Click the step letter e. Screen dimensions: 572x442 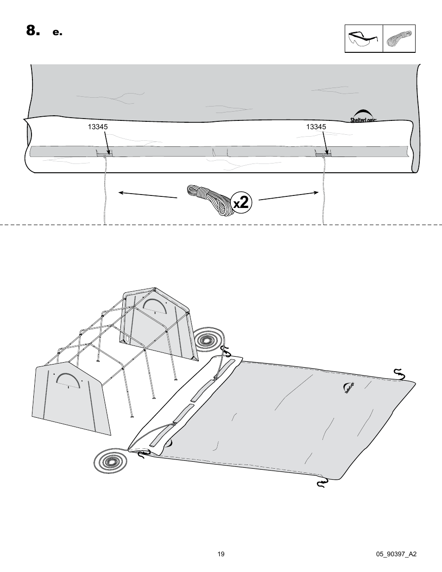tap(57, 32)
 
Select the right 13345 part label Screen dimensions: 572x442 tap(316, 127)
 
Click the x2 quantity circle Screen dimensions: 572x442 tap(243, 202)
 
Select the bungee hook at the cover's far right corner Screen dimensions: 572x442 tap(398, 374)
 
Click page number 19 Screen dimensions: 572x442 tap(221, 554)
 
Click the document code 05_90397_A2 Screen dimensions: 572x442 tap(397, 554)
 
